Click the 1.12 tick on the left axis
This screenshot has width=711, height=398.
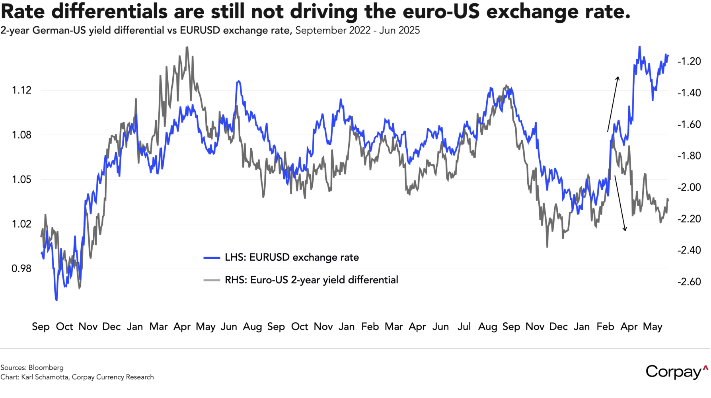pos(21,90)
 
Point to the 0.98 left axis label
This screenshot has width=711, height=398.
pos(21,269)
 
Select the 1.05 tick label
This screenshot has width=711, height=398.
pos(21,179)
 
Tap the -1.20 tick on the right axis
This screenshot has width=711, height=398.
pos(689,61)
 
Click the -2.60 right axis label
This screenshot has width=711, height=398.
pos(689,282)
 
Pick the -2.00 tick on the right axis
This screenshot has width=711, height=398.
pos(689,187)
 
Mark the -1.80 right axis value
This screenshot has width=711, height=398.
pos(689,156)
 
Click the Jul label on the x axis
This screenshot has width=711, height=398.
pos(464,327)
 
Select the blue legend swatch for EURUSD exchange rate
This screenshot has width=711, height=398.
pos(212,258)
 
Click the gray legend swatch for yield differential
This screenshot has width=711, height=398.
pos(212,280)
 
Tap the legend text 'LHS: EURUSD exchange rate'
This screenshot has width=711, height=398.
pos(292,258)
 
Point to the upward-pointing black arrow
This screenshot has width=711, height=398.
pos(613,103)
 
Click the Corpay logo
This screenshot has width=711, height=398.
pos(676,372)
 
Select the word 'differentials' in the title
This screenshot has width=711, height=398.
pos(109,12)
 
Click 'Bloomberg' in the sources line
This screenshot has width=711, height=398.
pos(46,368)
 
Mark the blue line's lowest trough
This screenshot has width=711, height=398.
pos(56,300)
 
